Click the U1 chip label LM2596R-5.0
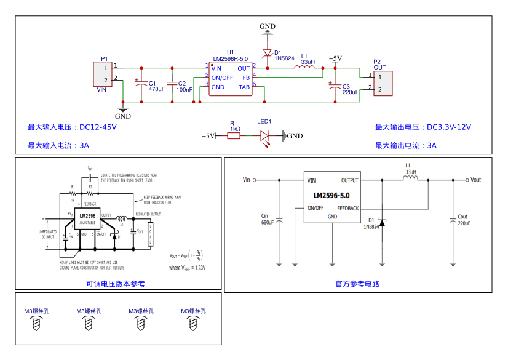point(229,59)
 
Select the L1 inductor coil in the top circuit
point(308,68)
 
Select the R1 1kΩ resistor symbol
point(234,136)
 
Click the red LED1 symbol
point(265,136)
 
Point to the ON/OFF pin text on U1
point(222,78)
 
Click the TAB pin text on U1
point(244,87)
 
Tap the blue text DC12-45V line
point(72,127)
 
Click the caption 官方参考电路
point(357,284)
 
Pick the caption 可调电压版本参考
point(116,284)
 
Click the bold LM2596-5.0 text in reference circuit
point(331,196)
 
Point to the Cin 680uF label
point(267,219)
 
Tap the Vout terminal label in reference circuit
point(475,180)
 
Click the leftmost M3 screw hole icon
point(36,323)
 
